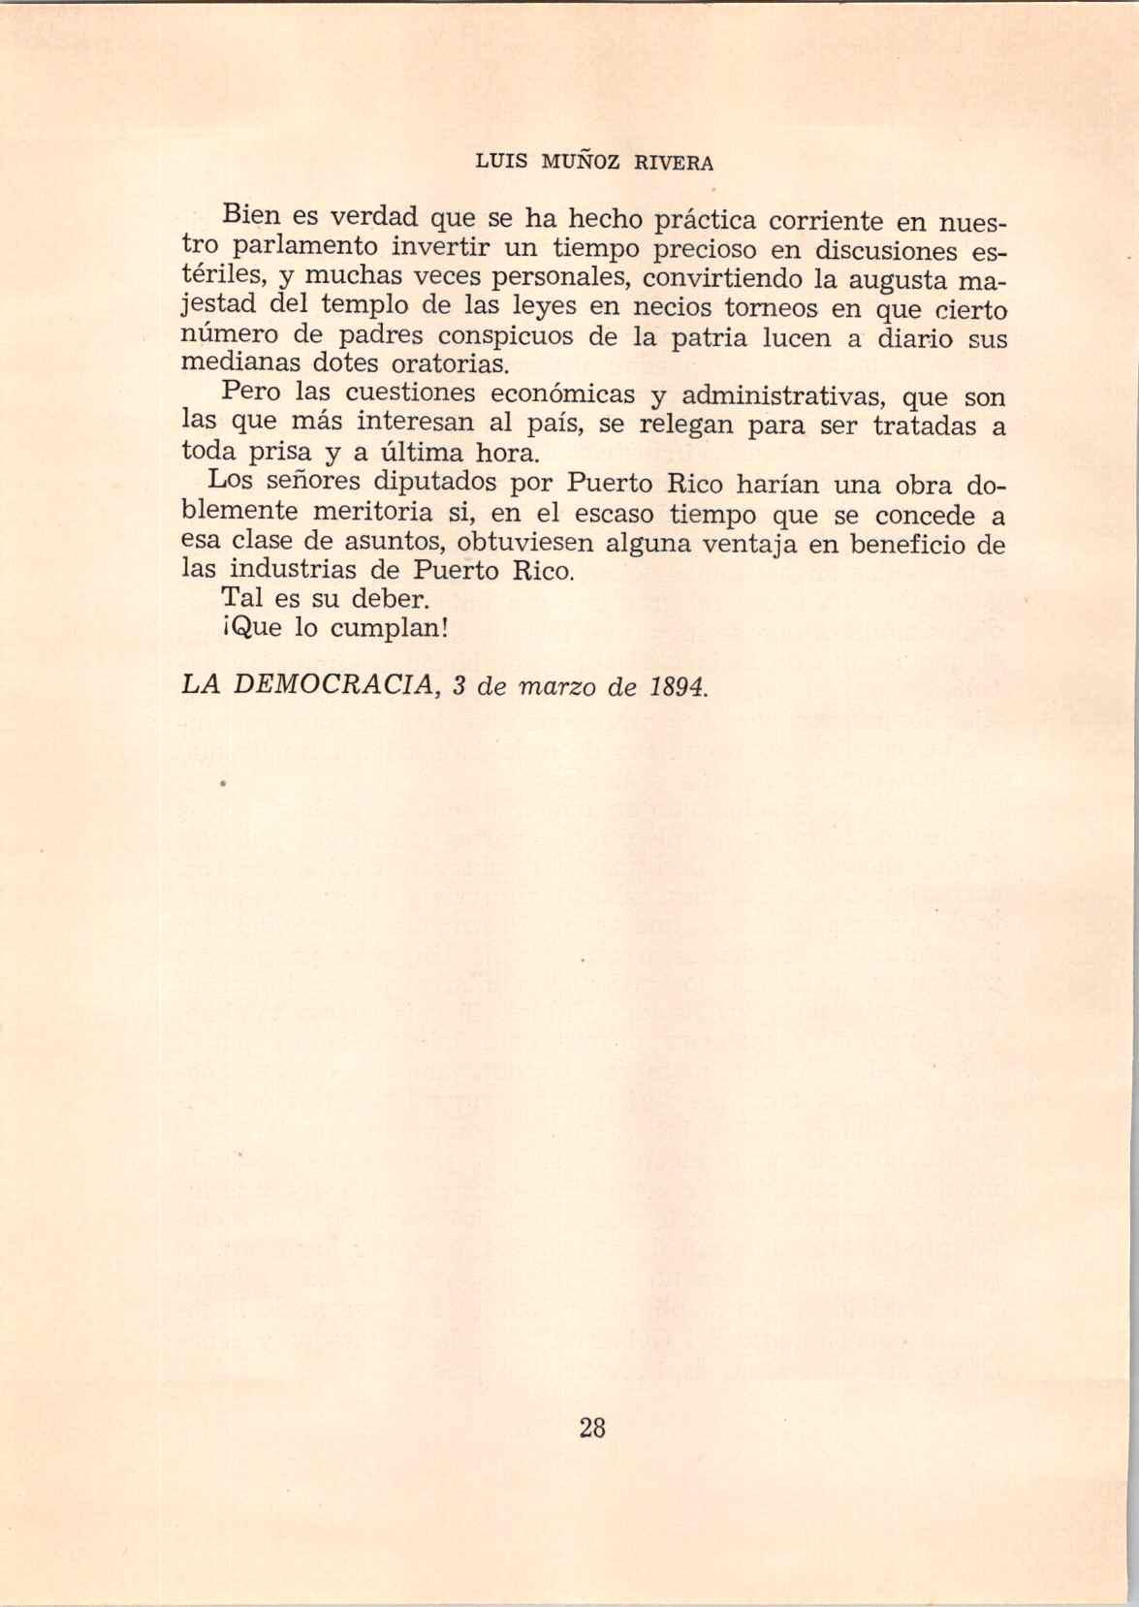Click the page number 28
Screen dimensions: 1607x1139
pyautogui.click(x=591, y=1427)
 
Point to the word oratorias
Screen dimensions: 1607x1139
pyautogui.click(x=451, y=366)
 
